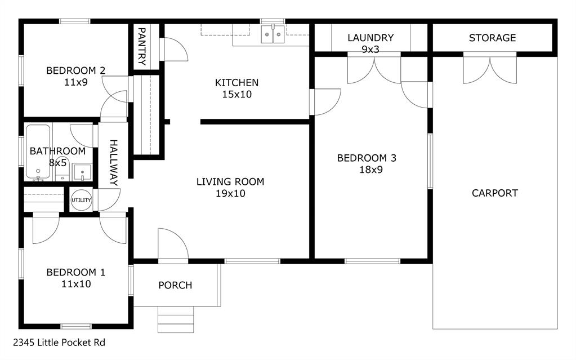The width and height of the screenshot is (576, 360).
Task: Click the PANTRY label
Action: pos(142,47)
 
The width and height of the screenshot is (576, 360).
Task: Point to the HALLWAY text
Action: pos(113,163)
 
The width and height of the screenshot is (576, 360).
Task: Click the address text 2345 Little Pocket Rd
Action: pos(59,342)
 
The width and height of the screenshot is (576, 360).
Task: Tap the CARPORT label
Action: pos(494,193)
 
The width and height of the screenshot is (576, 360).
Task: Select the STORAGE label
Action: pos(492,38)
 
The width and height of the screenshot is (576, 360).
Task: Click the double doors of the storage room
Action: pos(489,68)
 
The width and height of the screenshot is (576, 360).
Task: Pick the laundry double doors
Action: pos(374,68)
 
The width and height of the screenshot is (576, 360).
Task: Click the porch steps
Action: pos(175,319)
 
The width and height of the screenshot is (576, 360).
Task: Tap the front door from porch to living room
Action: pos(172,247)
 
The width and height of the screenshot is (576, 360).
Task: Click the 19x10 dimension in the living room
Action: pos(230,193)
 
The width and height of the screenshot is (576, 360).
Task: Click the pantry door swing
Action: pos(173,50)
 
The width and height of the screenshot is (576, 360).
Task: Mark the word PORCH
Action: pos(175,285)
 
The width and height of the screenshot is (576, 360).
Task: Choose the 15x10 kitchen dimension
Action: pos(236,94)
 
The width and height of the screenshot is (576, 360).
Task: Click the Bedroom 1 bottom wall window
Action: pos(75,326)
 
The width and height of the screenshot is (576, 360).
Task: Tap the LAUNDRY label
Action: pos(370,38)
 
